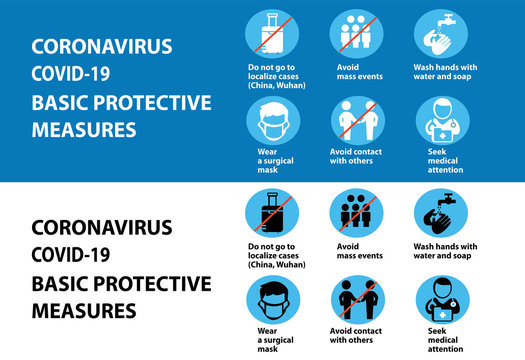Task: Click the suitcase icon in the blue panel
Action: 272,35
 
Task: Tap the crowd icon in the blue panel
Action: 357,35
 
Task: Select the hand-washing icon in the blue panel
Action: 441,35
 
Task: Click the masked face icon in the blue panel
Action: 272,123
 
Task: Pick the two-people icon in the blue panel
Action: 357,123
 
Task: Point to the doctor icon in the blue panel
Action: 441,123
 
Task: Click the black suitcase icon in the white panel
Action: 272,214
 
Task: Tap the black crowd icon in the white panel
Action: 357,214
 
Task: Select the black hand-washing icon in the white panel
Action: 441,214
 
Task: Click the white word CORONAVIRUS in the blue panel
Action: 102,47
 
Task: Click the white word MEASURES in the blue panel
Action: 84,131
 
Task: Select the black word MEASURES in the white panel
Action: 84,311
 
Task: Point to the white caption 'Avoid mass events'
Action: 357,71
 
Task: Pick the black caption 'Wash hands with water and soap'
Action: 445,250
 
